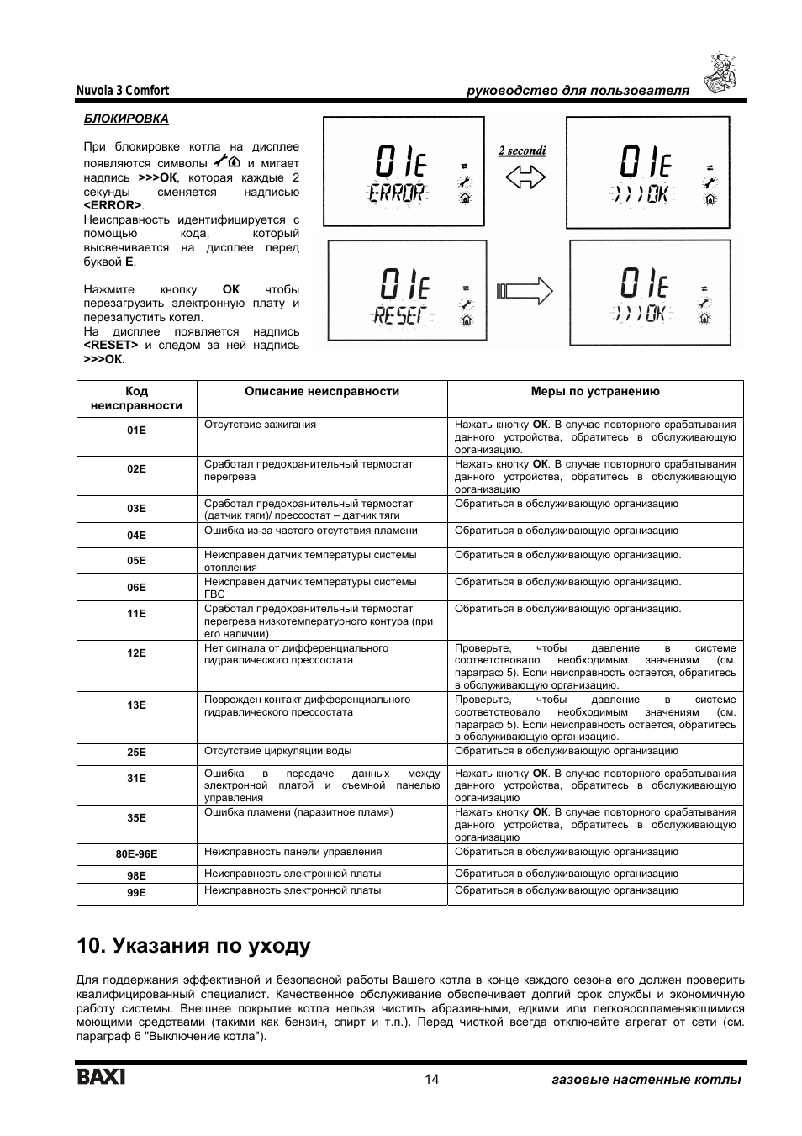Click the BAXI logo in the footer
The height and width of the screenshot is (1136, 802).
point(102,1077)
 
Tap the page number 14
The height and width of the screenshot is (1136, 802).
point(431,1080)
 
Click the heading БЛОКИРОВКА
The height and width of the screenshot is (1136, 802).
point(125,119)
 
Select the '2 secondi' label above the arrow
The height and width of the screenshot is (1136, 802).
point(521,151)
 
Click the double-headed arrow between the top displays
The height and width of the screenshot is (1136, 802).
point(525,177)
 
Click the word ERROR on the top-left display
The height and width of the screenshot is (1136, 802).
point(397,193)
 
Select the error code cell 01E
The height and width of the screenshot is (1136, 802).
point(136,431)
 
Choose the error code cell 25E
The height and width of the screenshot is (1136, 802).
point(136,753)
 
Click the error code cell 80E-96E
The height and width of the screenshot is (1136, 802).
point(136,854)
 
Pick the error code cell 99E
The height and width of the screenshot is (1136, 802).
point(136,892)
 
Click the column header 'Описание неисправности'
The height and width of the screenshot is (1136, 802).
point(322,391)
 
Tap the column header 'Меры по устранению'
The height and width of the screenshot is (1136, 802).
point(595,391)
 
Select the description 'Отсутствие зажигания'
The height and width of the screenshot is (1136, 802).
point(260,425)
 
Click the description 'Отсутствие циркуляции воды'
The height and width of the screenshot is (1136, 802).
point(277,751)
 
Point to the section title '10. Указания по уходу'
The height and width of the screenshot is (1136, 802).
point(193,946)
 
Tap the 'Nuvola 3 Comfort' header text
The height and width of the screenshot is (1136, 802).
point(123,91)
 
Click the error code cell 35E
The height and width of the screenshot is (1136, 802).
point(136,817)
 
